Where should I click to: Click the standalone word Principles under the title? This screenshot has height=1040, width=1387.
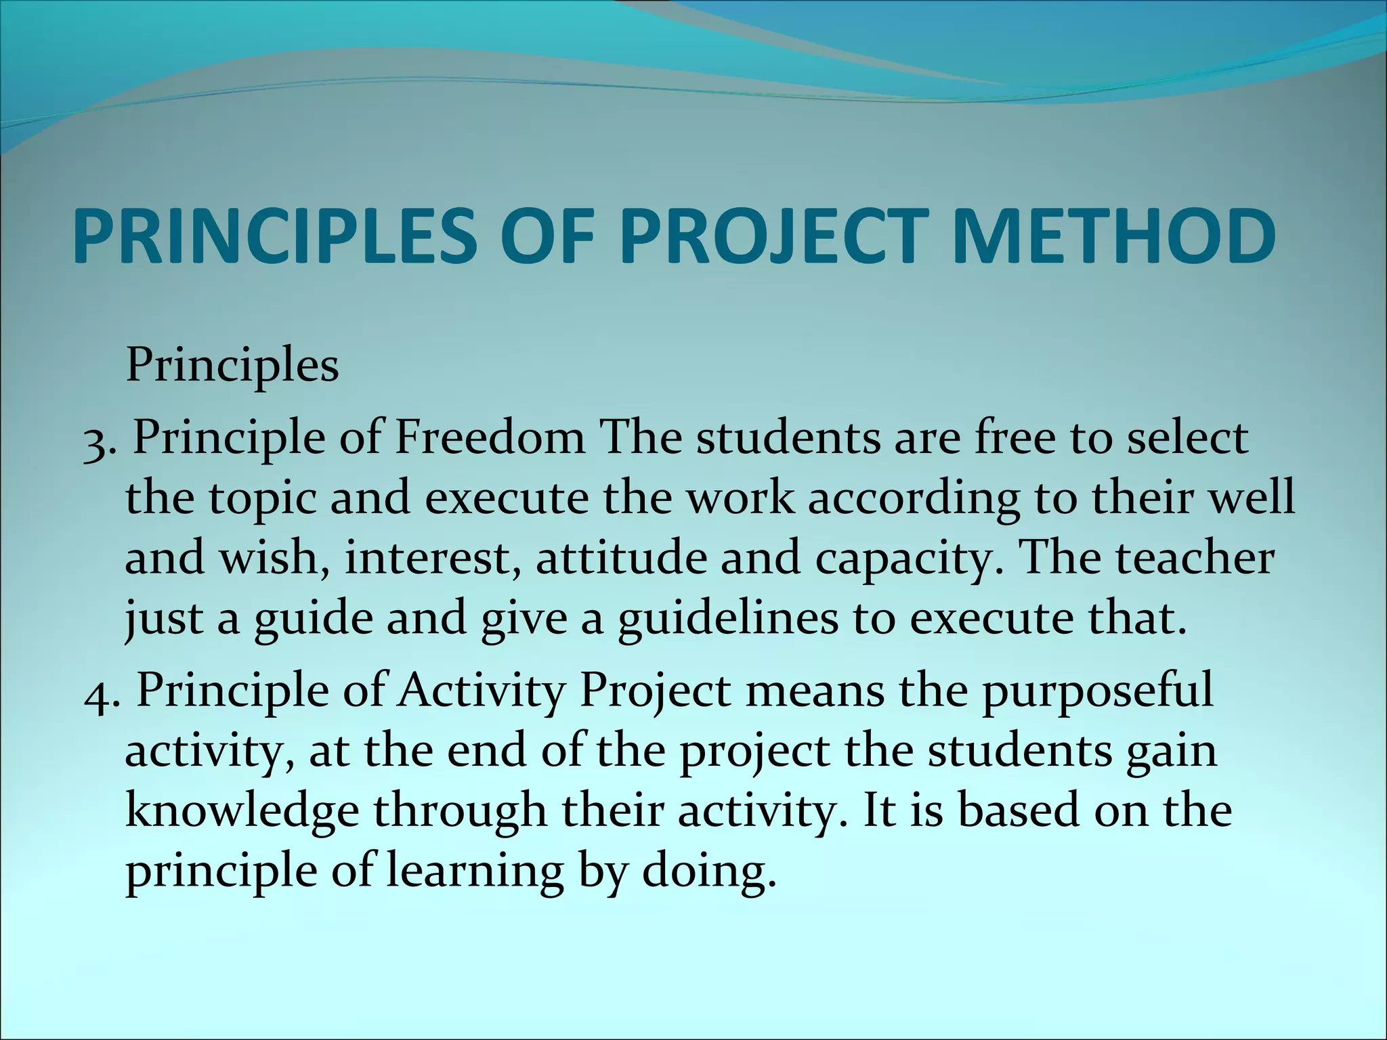[x=232, y=366]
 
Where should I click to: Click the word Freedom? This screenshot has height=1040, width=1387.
[x=490, y=438]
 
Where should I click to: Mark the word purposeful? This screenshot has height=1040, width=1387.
[x=1098, y=692]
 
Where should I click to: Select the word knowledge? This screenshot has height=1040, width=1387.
[x=242, y=812]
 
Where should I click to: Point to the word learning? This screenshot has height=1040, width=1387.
[x=475, y=871]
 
